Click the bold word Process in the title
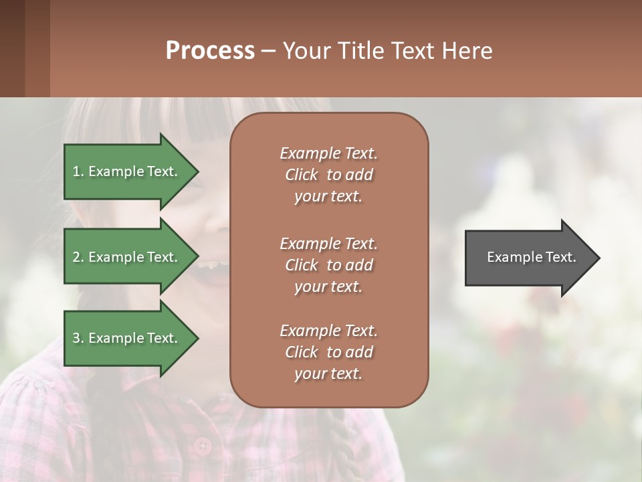210,51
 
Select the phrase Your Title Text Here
387,51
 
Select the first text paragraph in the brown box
329,175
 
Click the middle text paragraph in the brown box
329,265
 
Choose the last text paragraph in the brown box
329,352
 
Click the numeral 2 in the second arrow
76,257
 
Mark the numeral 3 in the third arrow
76,338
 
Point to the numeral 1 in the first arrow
76,171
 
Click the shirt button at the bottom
202,445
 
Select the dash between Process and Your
269,51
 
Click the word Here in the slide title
469,51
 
